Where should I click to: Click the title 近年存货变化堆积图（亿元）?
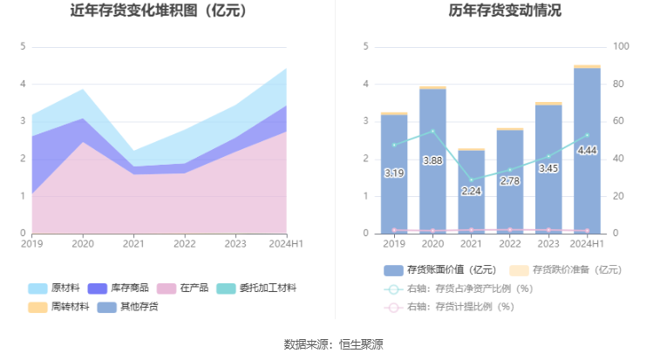click(x=158, y=11)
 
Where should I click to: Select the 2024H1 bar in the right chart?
click(x=587, y=150)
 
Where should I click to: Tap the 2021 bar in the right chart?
click(x=471, y=192)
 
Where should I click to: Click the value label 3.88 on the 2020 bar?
click(x=432, y=161)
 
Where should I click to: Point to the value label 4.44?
click(x=587, y=150)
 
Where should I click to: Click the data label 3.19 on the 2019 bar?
click(x=394, y=173)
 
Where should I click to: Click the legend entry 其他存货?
click(x=128, y=307)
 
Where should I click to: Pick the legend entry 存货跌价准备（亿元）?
click(x=566, y=270)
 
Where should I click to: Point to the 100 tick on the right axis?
click(x=622, y=46)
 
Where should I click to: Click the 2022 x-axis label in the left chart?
click(x=184, y=245)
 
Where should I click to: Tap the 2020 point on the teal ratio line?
click(x=432, y=132)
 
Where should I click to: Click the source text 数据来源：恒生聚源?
click(x=333, y=344)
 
